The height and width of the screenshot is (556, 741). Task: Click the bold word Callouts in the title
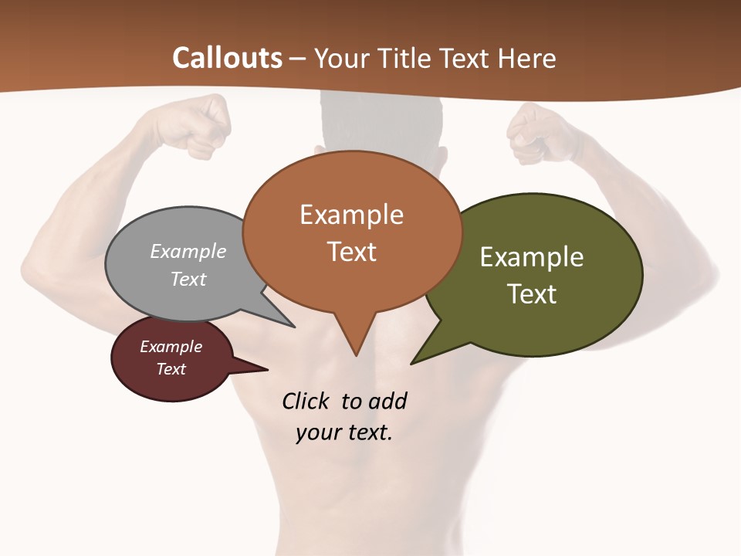click(227, 58)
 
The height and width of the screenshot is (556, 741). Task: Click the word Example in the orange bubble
click(351, 215)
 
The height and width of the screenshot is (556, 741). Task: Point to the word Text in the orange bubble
click(352, 252)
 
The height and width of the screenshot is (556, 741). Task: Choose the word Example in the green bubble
click(532, 256)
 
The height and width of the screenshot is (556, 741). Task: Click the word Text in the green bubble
click(532, 294)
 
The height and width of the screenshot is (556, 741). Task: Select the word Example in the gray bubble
click(188, 251)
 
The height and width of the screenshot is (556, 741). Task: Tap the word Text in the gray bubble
click(188, 279)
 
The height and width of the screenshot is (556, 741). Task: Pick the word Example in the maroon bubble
click(171, 347)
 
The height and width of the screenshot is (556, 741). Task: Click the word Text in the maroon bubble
click(171, 369)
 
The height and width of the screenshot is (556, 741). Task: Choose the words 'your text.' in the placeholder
click(344, 432)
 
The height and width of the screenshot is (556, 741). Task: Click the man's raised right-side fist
click(540, 131)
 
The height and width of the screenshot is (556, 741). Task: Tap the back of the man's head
click(381, 124)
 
